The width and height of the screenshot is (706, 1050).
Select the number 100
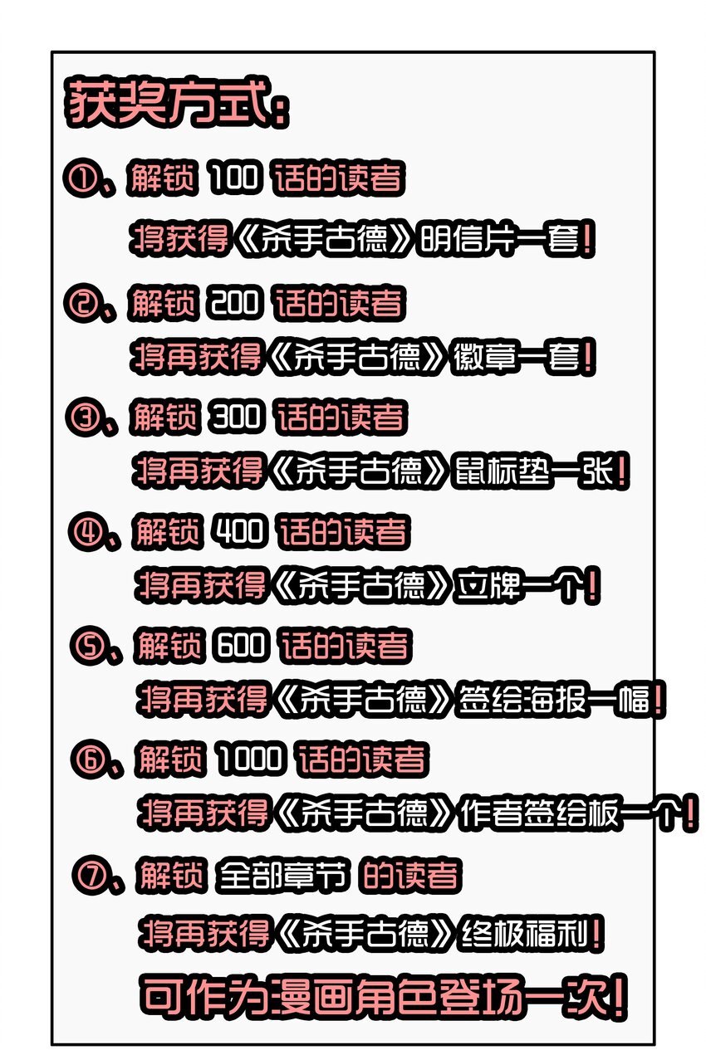[x=236, y=179]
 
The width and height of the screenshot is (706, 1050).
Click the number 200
[x=238, y=304]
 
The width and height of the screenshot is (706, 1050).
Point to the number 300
[x=238, y=418]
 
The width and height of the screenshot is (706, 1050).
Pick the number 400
[x=240, y=531]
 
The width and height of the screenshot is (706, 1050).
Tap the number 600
[x=243, y=646]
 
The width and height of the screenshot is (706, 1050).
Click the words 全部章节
[x=282, y=876]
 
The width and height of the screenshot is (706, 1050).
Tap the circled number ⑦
[x=90, y=875]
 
